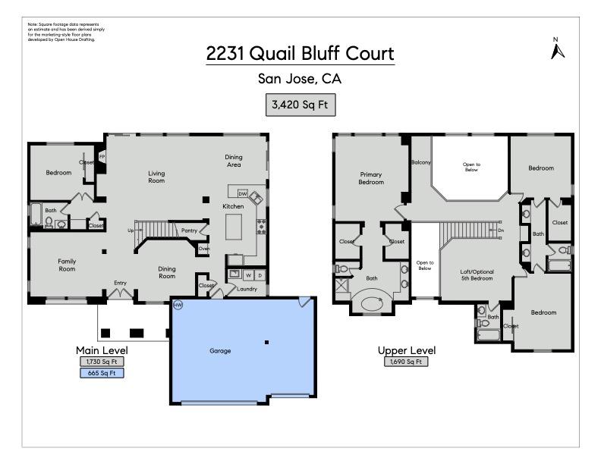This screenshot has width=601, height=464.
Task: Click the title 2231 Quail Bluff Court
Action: click(300, 54)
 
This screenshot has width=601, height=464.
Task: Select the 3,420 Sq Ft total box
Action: click(300, 105)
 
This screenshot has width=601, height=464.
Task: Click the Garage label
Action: click(220, 351)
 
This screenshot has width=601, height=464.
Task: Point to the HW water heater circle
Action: click(178, 305)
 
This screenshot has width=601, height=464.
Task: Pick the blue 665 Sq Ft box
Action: click(102, 373)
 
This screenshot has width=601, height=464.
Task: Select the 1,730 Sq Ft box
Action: click(102, 362)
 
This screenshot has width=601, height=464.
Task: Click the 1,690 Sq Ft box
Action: click(406, 362)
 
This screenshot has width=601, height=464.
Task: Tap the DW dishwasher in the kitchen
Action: click(243, 194)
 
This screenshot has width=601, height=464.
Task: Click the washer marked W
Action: click(248, 274)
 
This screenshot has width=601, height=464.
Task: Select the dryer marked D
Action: click(260, 274)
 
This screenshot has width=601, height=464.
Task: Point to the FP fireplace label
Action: click(102, 157)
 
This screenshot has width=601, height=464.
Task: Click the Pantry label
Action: click(189, 230)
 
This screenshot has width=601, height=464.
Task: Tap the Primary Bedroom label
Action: click(371, 178)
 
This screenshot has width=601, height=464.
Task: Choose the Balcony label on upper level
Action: click(421, 162)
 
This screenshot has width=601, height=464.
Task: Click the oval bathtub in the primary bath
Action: click(372, 304)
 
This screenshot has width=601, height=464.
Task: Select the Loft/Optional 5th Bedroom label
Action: click(477, 274)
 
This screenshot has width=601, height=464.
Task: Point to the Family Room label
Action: click(68, 265)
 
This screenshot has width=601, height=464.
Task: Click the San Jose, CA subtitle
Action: click(300, 79)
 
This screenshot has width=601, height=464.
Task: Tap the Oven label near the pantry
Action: click(203, 248)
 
